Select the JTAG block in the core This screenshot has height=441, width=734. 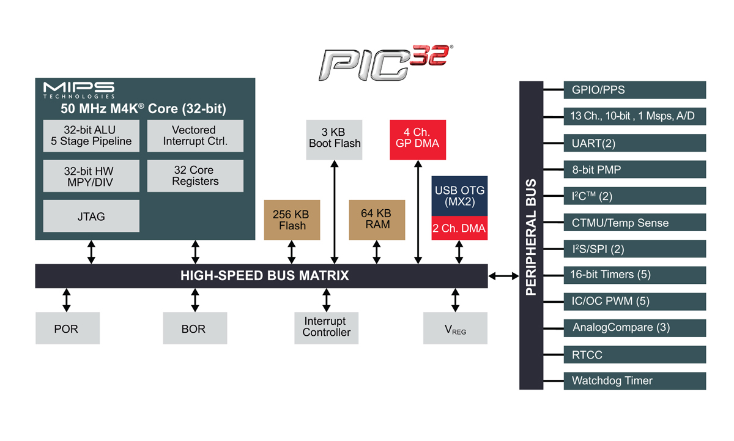(92, 216)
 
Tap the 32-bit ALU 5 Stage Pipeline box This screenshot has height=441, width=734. (92, 136)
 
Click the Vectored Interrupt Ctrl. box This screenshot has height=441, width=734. (195, 136)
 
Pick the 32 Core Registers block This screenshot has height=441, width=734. (195, 176)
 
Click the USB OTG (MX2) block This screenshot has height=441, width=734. (459, 196)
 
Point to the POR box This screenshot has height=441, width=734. (66, 328)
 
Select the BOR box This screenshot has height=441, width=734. (195, 328)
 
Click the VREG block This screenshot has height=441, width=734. (455, 328)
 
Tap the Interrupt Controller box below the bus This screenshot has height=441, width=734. (327, 327)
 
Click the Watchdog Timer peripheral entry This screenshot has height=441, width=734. (634, 380)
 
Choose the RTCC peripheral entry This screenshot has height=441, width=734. (634, 354)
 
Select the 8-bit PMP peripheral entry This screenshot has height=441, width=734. (634, 169)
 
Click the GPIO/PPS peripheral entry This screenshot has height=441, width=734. (634, 90)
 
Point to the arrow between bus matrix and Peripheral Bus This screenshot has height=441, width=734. (503, 276)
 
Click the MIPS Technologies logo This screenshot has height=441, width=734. (78, 89)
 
